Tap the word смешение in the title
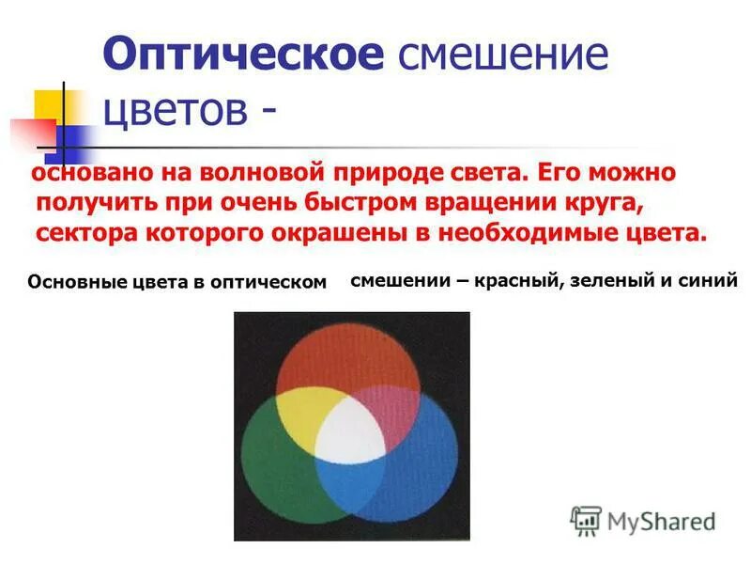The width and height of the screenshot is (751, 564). pos(503,55)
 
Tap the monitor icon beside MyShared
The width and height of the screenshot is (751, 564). pos(586,520)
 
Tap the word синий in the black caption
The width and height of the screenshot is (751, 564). pos(713,279)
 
